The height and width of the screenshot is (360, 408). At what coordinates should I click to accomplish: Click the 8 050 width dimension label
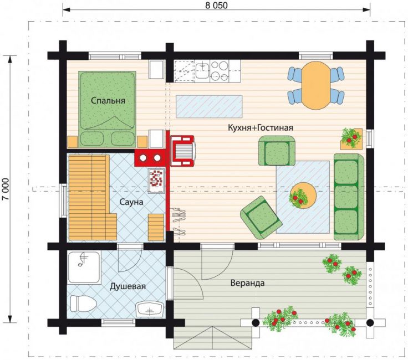(216, 5)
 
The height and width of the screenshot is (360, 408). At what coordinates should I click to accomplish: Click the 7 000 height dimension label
(6, 189)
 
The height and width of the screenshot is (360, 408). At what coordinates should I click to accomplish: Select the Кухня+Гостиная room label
(261, 127)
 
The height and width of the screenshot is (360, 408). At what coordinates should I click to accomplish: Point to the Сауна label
(131, 202)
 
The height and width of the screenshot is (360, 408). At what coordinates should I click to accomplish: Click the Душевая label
(127, 286)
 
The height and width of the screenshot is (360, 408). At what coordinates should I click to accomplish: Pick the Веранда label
(247, 283)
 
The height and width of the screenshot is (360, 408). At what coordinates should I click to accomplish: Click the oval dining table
(315, 85)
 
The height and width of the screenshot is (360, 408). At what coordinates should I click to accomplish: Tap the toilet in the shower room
(83, 303)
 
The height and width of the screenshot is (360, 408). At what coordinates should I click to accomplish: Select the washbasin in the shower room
(149, 309)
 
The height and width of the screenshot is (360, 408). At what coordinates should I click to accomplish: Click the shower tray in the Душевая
(84, 268)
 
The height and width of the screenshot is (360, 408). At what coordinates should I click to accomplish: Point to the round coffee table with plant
(303, 195)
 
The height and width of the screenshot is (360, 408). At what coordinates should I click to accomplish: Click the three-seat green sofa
(349, 197)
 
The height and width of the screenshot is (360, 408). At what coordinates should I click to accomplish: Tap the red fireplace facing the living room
(182, 151)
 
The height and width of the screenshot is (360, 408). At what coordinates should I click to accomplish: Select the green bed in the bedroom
(107, 110)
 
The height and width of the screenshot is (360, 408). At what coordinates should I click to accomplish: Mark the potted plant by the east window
(351, 138)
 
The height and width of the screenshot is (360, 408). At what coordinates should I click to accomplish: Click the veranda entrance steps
(212, 337)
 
